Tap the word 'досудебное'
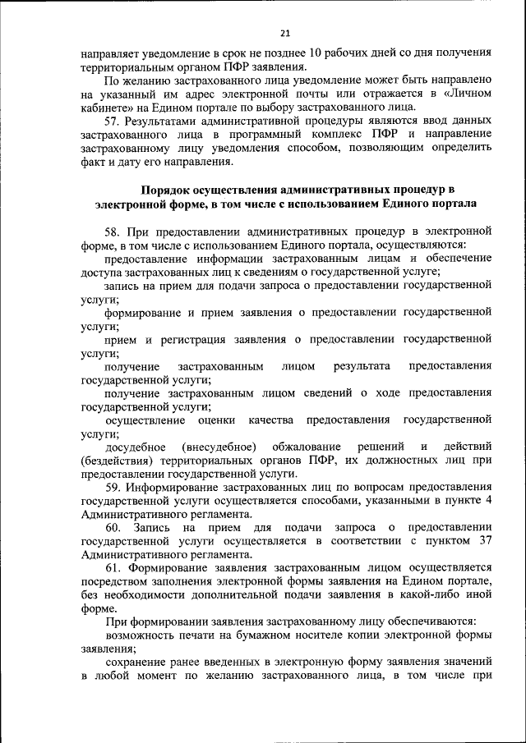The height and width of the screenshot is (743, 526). (x=134, y=447)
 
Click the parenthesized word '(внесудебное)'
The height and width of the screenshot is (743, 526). (x=216, y=447)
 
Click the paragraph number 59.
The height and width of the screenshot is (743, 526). (x=113, y=487)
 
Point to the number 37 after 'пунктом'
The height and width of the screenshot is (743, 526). (x=483, y=541)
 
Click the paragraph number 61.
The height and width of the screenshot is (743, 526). (x=113, y=567)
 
